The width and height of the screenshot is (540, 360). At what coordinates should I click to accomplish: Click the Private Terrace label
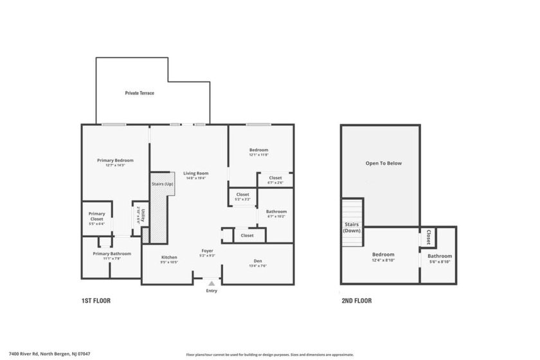pos(139,93)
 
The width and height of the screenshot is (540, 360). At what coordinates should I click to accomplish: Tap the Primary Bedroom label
pos(115,160)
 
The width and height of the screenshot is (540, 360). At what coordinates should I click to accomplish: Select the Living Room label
pos(196,173)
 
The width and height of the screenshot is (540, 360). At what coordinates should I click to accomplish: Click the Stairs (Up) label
pos(162,184)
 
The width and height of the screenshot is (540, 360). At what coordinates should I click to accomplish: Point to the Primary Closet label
pos(96,217)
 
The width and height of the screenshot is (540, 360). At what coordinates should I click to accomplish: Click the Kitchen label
pos(169,257)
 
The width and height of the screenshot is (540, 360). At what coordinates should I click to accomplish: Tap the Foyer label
pos(207,251)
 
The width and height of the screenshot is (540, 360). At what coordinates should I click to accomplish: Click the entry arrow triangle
pos(212,283)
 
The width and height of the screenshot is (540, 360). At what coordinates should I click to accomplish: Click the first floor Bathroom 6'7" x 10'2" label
pos(276,212)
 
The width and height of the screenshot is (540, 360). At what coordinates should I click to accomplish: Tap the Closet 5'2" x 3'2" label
pos(242,194)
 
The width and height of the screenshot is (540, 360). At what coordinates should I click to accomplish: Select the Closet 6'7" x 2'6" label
pos(275,178)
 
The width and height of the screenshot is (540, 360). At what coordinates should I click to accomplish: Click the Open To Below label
pos(383,163)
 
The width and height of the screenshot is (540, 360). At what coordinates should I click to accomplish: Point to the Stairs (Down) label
pos(352,227)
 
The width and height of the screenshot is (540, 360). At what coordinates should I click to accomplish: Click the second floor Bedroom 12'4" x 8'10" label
pos(383,255)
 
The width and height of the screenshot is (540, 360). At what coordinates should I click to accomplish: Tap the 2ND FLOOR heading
pos(356,301)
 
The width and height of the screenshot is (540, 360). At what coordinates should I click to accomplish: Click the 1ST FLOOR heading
pos(96,301)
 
